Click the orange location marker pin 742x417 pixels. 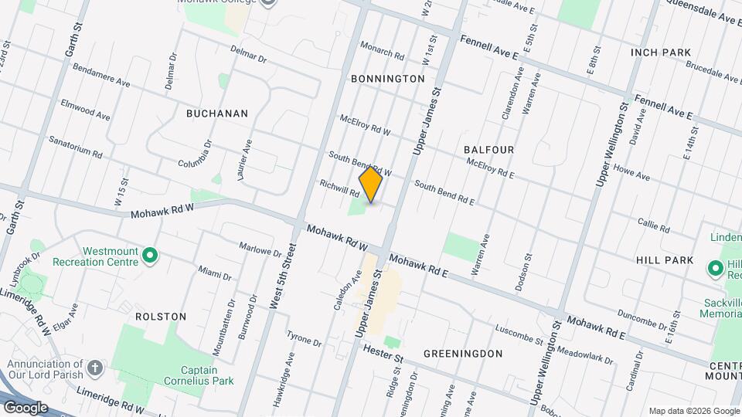click(371, 184)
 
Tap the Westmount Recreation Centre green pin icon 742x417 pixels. click(151, 253)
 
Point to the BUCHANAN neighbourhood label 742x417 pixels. click(217, 114)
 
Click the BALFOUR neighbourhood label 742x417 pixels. click(489, 149)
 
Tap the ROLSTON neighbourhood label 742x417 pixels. click(161, 317)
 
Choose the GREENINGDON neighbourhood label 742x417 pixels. click(463, 354)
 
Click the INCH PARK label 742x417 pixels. click(660, 53)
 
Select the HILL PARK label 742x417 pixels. click(665, 261)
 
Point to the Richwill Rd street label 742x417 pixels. click(340, 188)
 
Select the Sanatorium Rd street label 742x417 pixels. click(76, 148)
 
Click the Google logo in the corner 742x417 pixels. click(25, 408)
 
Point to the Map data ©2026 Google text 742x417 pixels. click(693, 411)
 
